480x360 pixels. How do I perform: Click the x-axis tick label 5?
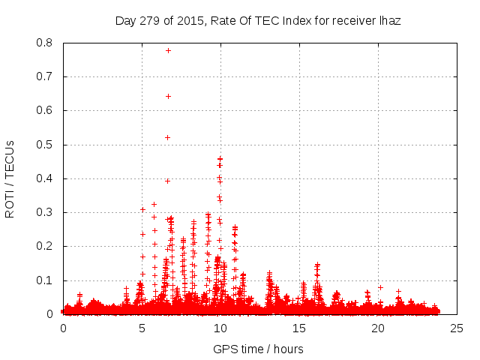pyautogui.click(x=142, y=328)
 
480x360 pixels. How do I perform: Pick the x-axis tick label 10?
pyautogui.click(x=220, y=328)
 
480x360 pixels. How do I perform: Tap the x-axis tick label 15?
pyautogui.click(x=299, y=328)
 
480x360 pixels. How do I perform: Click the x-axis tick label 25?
pyautogui.click(x=457, y=328)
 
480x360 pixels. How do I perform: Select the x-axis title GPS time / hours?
pyautogui.click(x=259, y=349)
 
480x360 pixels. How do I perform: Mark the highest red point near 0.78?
pyautogui.click(x=168, y=50)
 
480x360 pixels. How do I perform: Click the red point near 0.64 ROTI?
pyautogui.click(x=168, y=96)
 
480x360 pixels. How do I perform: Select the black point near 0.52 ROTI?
pyautogui.click(x=167, y=137)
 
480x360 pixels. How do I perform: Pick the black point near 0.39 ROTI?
pyautogui.click(x=167, y=181)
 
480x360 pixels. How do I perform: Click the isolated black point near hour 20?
pyautogui.click(x=380, y=287)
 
